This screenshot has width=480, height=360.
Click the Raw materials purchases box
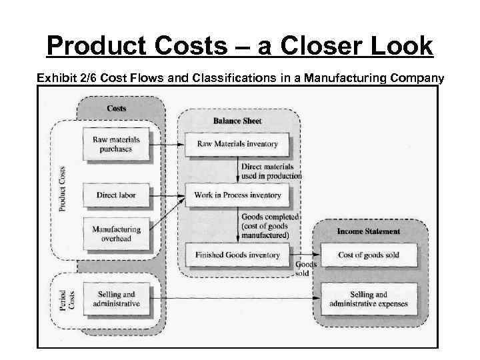pyautogui.click(x=117, y=144)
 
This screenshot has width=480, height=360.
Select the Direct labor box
pyautogui.click(x=117, y=195)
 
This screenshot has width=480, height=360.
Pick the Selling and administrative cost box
pyautogui.click(x=117, y=299)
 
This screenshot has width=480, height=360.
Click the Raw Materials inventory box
pyautogui.click(x=237, y=144)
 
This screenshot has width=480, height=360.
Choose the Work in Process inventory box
pyautogui.click(x=237, y=195)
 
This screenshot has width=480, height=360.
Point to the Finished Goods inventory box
pyautogui.click(x=237, y=255)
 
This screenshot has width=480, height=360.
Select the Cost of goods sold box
pyautogui.click(x=369, y=255)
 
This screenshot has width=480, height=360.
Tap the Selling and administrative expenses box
pyautogui.click(x=369, y=299)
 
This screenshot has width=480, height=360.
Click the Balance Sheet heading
pyautogui.click(x=237, y=121)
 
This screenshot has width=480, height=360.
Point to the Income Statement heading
pyautogui.click(x=369, y=231)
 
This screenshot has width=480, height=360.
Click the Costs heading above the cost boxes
pyautogui.click(x=117, y=108)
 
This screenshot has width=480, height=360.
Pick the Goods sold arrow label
pyautogui.click(x=303, y=268)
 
